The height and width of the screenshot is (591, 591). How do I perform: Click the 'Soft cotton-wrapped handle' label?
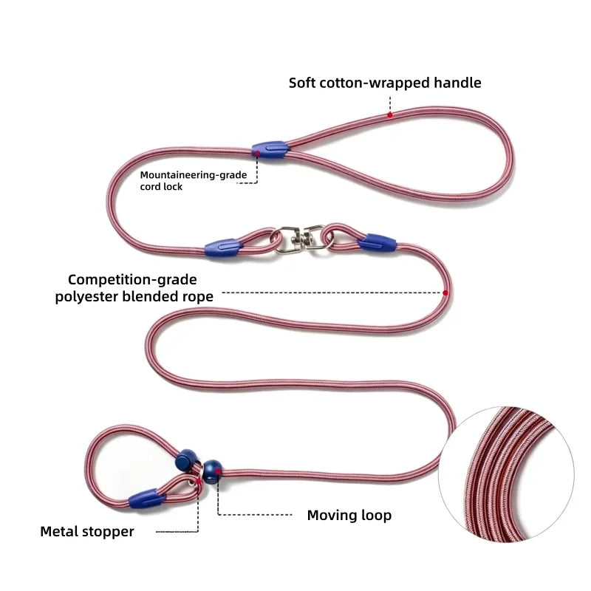coord(385,83)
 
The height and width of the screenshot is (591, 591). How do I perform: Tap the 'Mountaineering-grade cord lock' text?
coord(194,181)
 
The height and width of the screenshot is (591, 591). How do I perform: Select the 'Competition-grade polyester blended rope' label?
coord(134,288)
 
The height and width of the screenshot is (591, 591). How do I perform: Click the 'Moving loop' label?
coord(349,515)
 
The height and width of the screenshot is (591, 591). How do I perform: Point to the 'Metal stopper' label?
coord(87,531)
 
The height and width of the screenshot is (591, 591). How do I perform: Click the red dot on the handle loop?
coord(390,115)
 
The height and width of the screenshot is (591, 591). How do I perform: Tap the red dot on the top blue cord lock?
coord(257,154)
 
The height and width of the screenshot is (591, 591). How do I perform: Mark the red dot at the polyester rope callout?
coord(445,293)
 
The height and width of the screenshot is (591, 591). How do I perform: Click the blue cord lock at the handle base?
coord(270,150)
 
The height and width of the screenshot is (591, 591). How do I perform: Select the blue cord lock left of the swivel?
coord(224,247)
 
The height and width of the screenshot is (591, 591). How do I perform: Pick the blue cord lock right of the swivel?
coord(377,243)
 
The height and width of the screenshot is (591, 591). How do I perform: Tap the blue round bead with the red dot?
coord(213,471)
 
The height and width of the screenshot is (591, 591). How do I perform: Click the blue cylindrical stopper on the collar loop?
coord(187,460)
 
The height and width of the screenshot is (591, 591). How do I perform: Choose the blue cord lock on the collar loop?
coord(147,499)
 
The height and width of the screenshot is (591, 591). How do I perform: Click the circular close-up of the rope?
coord(507,474)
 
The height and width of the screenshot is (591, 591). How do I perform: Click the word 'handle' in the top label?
coord(457,83)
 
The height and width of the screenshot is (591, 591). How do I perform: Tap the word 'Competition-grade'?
coord(132,280)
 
